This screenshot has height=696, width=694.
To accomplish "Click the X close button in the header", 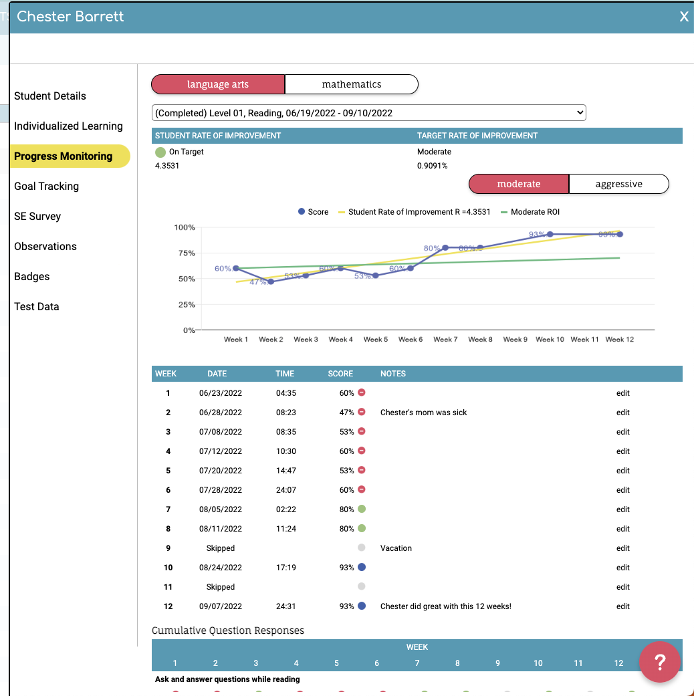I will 683,17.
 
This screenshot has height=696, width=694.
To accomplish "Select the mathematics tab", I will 352,84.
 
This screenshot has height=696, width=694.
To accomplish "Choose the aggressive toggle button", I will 618,184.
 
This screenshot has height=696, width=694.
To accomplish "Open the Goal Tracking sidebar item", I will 46,187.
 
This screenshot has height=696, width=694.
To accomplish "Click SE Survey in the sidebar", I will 37,217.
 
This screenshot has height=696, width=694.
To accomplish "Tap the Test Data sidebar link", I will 37,307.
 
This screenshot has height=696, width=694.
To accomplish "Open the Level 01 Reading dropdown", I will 368,113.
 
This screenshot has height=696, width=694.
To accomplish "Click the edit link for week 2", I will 623,413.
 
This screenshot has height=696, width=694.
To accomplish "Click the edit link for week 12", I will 623,606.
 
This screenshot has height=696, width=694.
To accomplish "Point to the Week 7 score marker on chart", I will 445,247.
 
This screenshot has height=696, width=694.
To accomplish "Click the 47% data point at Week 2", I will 271,282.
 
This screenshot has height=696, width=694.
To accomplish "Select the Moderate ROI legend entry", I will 534,212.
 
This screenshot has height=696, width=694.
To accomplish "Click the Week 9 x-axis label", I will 515,340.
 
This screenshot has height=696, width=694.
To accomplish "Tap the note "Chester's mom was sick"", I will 423,413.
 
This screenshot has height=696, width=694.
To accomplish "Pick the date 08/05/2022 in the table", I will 221,509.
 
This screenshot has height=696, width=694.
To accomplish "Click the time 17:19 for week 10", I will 286,568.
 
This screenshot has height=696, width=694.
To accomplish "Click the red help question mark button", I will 659,662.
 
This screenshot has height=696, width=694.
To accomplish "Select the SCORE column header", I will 340,374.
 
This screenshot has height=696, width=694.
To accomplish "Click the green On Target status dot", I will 160,152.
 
